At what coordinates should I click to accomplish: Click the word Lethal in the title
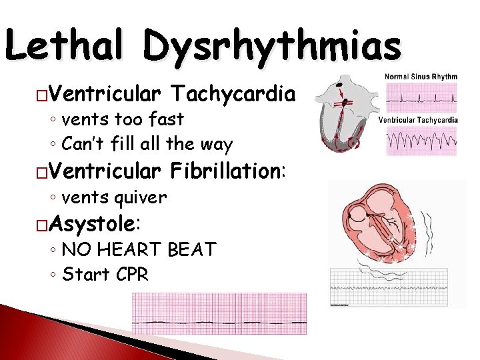(x=65, y=48)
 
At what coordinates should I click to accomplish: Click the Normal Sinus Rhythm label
(x=421, y=77)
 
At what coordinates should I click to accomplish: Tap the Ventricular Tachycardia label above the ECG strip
(x=418, y=120)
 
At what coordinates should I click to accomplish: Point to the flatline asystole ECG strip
(x=219, y=313)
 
